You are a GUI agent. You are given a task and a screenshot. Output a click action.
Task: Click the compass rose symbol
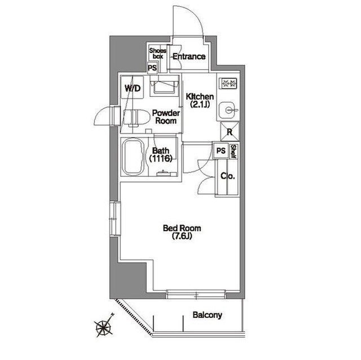pyautogui.click(x=104, y=326)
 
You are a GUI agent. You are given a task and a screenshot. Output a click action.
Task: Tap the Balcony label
pyautogui.click(x=207, y=315)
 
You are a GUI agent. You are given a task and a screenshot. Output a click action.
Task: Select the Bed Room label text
pyautogui.click(x=182, y=228)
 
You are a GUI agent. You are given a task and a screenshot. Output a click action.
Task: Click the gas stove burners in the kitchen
pyautogui.click(x=229, y=83)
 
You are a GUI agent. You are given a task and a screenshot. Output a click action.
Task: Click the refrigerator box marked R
pyautogui.click(x=230, y=132)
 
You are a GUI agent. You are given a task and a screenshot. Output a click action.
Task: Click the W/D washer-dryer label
pyautogui.click(x=133, y=88)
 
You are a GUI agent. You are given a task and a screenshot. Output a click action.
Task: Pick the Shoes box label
pyautogui.click(x=158, y=54)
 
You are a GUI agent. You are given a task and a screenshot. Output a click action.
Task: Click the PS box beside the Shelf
pyautogui.click(x=221, y=151)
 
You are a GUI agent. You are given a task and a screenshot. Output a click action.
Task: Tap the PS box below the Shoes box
pyautogui.click(x=152, y=68)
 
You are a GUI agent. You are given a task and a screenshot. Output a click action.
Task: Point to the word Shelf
pyautogui.click(x=233, y=152)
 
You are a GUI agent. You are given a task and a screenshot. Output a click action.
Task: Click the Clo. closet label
pyautogui.click(x=228, y=176)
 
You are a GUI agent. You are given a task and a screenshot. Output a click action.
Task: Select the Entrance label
pyautogui.click(x=189, y=56)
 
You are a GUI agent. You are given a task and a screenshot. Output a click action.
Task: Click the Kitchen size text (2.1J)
pyautogui.click(x=200, y=105)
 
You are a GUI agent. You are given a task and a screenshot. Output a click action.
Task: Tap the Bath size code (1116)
pyautogui.click(x=161, y=158)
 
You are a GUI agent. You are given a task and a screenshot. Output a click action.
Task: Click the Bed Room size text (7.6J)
pyautogui.click(x=182, y=236)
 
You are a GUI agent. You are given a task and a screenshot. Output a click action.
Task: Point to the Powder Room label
pyautogui.click(x=166, y=117)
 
